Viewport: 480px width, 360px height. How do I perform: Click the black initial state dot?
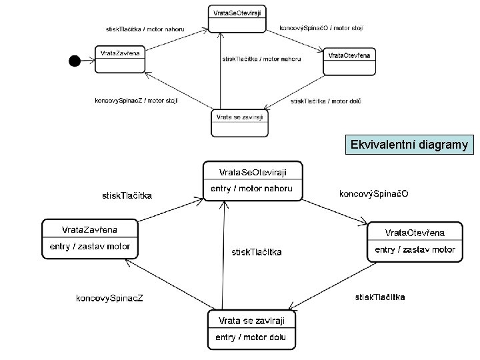[75, 61]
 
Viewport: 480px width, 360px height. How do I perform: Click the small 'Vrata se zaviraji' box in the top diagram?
[240, 123]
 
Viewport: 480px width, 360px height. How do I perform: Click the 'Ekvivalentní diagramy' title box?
[409, 145]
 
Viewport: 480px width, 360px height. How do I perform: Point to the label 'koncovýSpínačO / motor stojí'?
[321, 28]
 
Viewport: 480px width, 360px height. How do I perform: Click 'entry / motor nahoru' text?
[251, 189]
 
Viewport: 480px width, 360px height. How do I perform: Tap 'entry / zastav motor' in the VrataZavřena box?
[90, 246]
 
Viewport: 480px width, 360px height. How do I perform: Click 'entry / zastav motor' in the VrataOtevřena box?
[415, 250]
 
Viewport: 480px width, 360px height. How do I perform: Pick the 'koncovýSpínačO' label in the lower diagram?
[374, 194]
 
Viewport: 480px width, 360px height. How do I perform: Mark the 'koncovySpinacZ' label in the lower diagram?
[108, 297]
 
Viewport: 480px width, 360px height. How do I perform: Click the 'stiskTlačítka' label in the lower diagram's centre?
[256, 252]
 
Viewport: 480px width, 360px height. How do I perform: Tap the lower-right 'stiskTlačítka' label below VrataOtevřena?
[379, 297]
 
